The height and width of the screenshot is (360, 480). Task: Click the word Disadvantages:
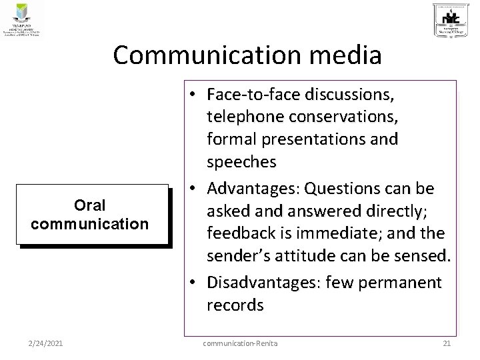[x=262, y=283]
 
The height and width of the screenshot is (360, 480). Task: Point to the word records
[x=235, y=305]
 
